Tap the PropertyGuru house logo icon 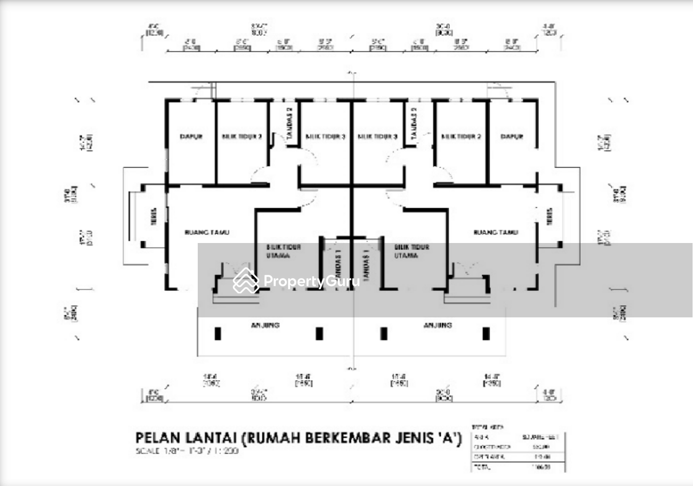(x=245, y=281)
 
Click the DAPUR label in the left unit (x=191, y=137)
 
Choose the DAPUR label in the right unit (x=512, y=137)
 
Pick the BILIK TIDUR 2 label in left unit (x=242, y=137)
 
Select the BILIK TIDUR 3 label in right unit (x=377, y=137)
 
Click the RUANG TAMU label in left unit (x=207, y=232)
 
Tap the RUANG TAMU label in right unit (x=496, y=232)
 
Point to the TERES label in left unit (x=154, y=216)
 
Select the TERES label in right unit (x=549, y=216)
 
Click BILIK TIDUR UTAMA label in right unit (x=411, y=251)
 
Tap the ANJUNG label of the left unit (x=265, y=325)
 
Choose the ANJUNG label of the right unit (x=438, y=325)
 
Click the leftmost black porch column (x=218, y=334)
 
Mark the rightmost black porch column (x=486, y=334)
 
